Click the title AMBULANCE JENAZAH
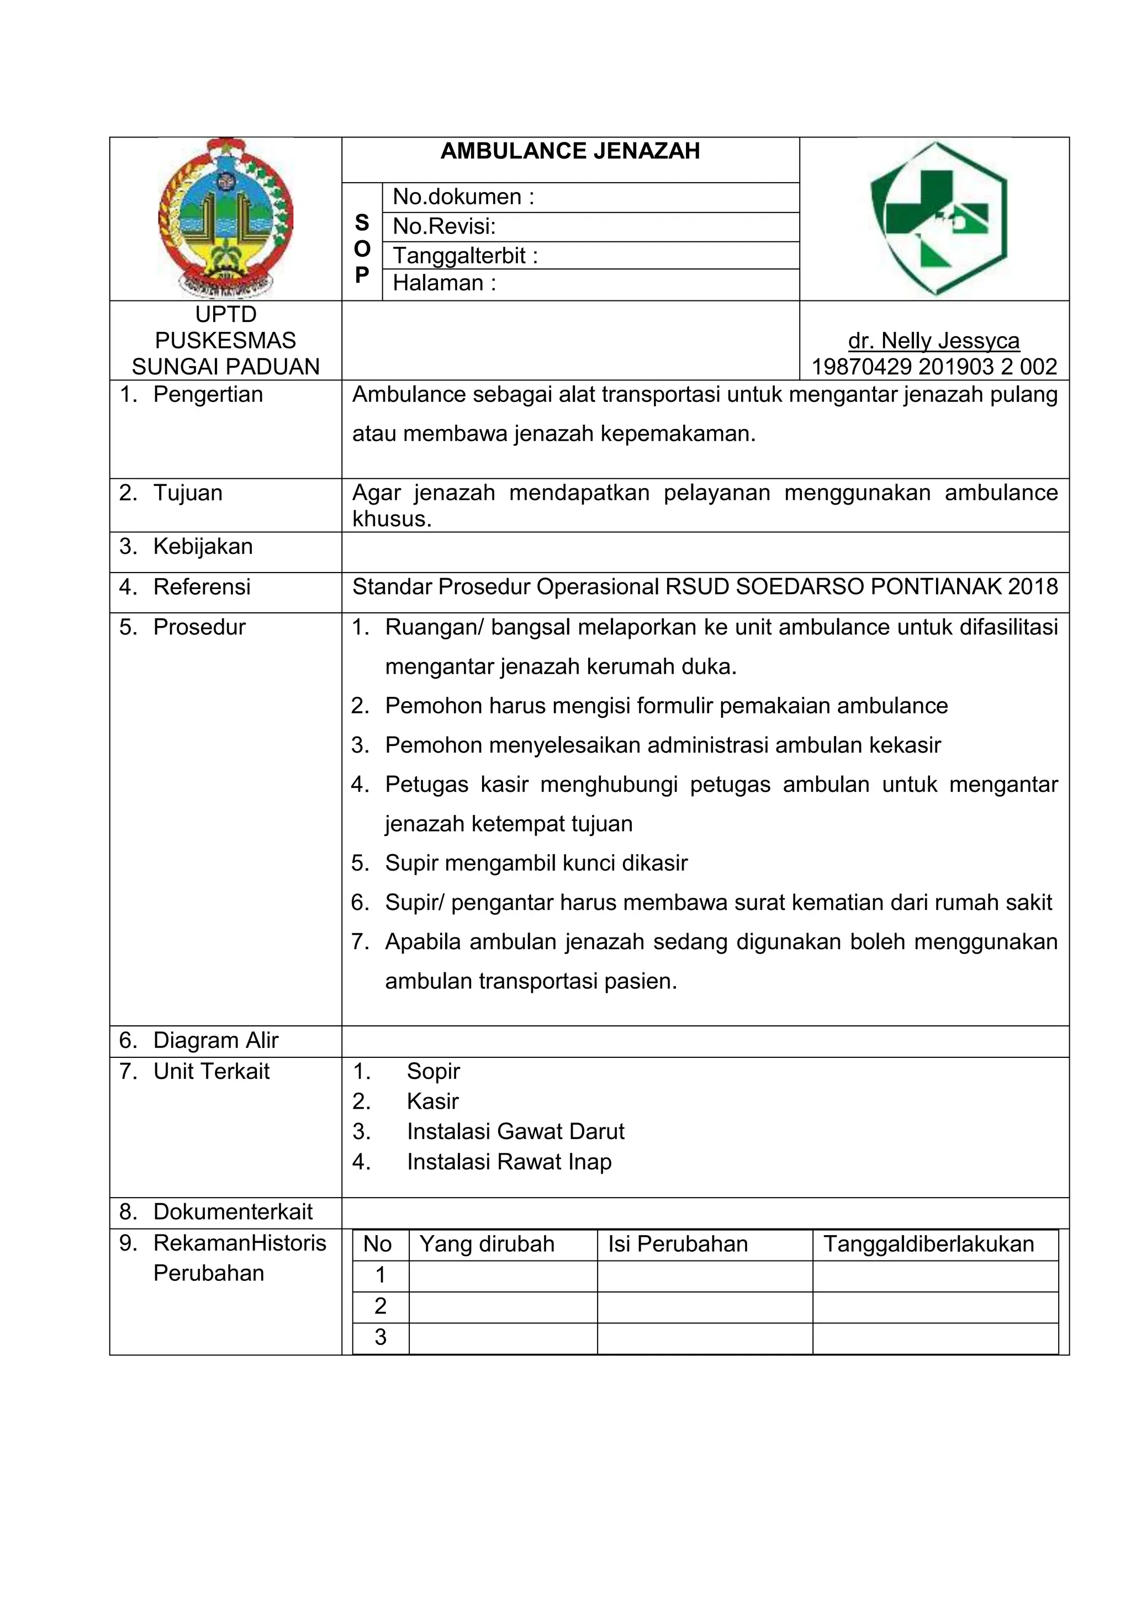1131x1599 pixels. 570,151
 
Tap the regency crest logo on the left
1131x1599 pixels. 226,218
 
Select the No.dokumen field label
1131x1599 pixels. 463,197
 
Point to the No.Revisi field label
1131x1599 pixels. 443,226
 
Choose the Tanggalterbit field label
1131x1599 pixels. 465,256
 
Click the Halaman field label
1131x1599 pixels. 443,283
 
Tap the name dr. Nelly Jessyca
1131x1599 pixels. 933,341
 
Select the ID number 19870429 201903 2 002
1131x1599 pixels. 934,366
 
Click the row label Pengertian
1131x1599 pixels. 208,394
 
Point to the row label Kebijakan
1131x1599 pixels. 203,546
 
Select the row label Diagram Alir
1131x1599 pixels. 215,1040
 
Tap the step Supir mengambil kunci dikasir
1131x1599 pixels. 536,863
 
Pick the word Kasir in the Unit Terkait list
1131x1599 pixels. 432,1101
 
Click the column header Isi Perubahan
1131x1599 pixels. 677,1244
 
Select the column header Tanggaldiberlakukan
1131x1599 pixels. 928,1244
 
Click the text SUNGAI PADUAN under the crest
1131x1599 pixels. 226,366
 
